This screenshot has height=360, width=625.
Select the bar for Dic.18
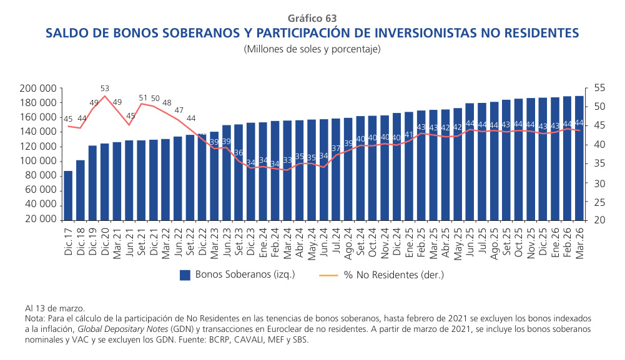tap(81, 190)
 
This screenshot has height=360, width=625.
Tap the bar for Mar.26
tap(579, 158)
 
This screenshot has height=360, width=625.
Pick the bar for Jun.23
tap(227, 173)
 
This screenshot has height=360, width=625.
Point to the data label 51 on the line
tap(142, 98)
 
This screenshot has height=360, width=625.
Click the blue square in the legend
tap(184, 275)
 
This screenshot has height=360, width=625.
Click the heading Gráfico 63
tap(312, 18)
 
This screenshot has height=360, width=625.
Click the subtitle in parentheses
tap(312, 49)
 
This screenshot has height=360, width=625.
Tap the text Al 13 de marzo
tap(55, 308)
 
